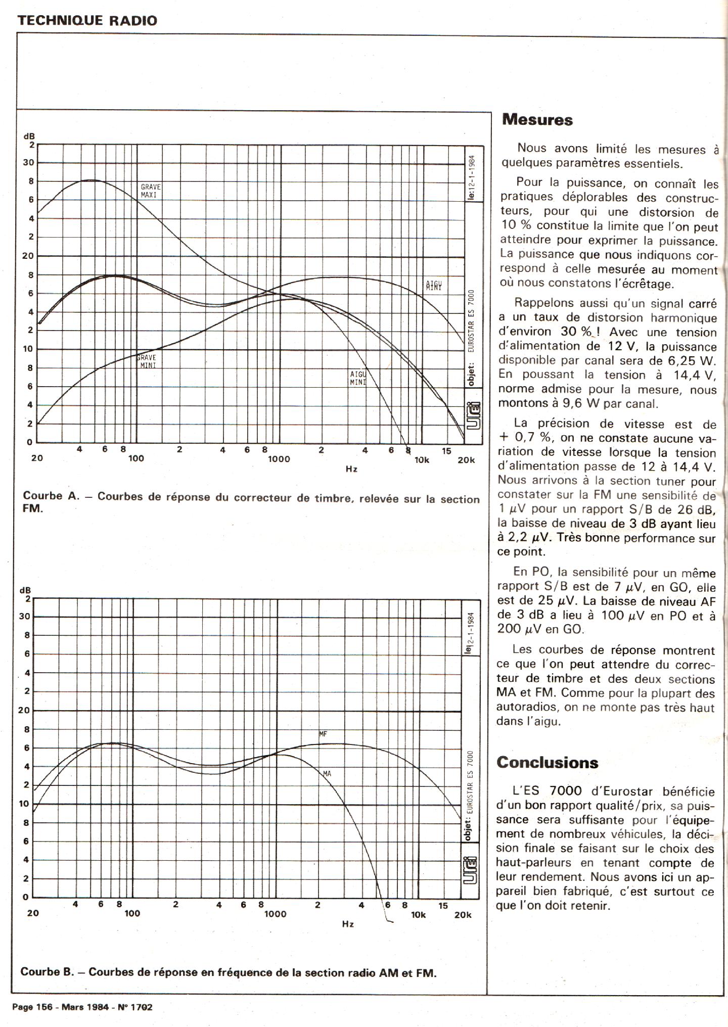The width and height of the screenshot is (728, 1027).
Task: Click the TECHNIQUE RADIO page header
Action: (87, 21)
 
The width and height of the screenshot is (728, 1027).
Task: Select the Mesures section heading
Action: (537, 120)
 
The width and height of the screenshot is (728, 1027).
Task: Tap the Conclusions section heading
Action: (547, 763)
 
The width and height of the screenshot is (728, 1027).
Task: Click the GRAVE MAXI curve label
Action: (150, 191)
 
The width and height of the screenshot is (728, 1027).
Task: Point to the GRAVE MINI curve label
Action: (147, 361)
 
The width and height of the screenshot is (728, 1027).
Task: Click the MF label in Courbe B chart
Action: (324, 733)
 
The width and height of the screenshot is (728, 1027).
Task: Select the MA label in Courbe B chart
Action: (327, 773)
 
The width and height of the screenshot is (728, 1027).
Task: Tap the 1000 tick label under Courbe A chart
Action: (279, 459)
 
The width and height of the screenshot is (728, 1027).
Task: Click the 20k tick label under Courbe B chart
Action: (463, 915)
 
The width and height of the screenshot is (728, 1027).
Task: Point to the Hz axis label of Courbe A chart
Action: (351, 469)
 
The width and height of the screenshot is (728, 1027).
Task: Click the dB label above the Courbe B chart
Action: (25, 590)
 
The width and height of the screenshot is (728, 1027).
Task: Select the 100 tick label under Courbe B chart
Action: (132, 913)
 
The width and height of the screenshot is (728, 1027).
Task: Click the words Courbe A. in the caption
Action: (51, 496)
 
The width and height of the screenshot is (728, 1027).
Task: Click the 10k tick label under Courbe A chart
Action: (421, 460)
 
